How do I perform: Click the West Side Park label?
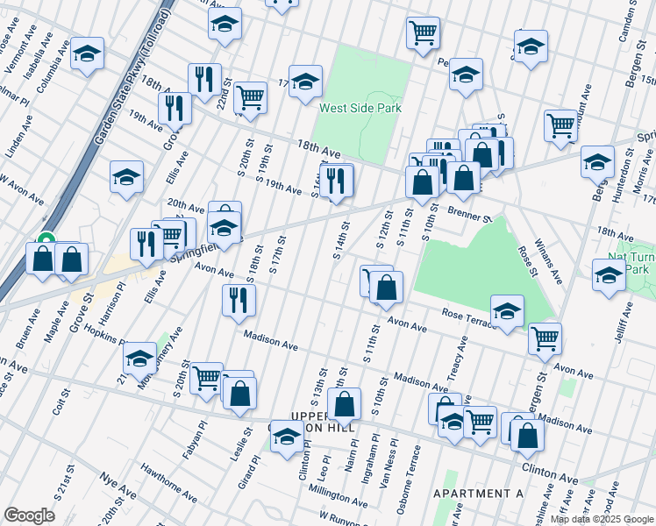click(360, 109)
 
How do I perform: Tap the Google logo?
click(29, 515)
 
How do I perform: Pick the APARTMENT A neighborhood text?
click(478, 494)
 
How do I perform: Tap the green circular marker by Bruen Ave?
click(46, 238)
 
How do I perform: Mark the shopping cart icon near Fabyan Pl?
click(206, 378)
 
